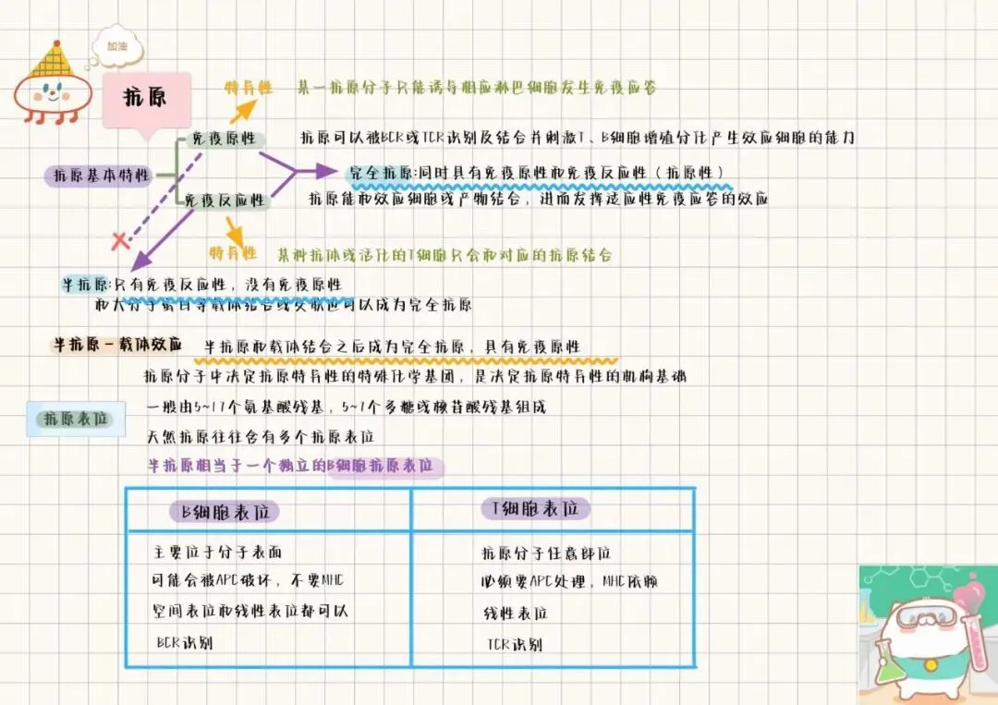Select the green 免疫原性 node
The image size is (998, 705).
pyautogui.click(x=223, y=140)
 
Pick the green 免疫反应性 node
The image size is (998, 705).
pyautogui.click(x=224, y=200)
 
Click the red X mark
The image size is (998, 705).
pyautogui.click(x=119, y=242)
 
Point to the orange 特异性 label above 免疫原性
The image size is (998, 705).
pyautogui.click(x=249, y=88)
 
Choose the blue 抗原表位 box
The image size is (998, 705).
pyautogui.click(x=76, y=419)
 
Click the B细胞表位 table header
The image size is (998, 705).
pyautogui.click(x=224, y=511)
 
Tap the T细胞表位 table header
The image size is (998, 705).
pyautogui.click(x=535, y=509)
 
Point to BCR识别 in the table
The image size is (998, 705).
pyautogui.click(x=185, y=642)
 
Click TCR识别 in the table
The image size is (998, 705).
pyautogui.click(x=515, y=644)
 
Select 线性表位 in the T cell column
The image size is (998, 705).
pyautogui.click(x=515, y=614)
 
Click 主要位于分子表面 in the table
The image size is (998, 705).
pyautogui.click(x=217, y=553)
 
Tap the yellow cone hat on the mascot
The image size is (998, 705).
pyautogui.click(x=52, y=61)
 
